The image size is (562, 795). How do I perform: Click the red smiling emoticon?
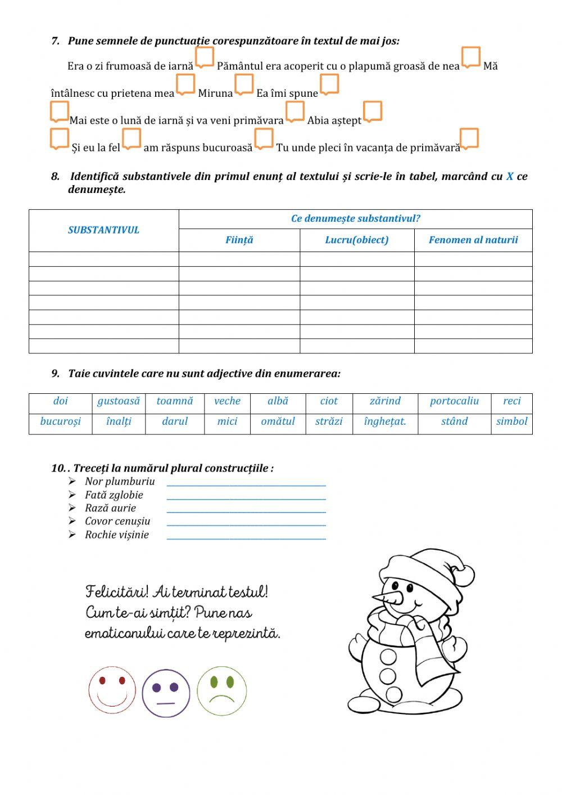[112, 690]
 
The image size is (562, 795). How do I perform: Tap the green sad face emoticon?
[221, 691]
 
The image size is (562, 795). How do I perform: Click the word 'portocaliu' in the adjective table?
[454, 401]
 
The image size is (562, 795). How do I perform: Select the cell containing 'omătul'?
[278, 421]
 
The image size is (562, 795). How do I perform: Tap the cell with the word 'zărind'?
[385, 401]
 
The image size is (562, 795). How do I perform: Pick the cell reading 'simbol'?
[511, 421]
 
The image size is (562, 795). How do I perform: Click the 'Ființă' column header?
[239, 240]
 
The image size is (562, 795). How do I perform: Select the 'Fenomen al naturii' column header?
[473, 240]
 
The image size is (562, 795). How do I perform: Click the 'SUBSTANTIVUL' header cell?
[103, 230]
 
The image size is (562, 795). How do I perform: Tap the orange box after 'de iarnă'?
[205, 57]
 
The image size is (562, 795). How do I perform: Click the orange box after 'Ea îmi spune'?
[329, 84]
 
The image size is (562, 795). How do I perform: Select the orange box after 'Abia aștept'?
[373, 111]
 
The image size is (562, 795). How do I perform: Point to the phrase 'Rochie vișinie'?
[117, 535]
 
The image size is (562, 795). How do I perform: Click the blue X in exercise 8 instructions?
[510, 177]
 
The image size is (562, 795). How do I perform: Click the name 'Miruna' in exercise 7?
[215, 93]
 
